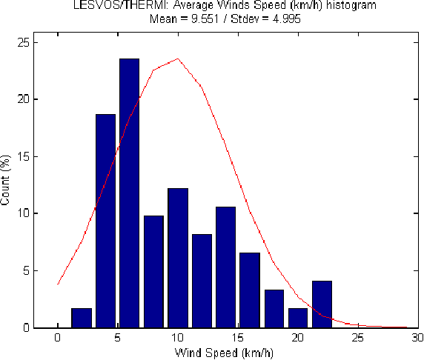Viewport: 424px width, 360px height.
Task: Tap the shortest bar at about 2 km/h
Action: (82, 318)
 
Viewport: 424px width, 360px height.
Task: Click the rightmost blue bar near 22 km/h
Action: (322, 304)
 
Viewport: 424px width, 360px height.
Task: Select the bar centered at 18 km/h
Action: (274, 308)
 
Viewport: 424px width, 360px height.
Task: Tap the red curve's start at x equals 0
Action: (58, 283)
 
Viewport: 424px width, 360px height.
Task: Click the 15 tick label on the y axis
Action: (26, 156)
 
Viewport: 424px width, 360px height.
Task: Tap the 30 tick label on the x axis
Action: (417, 338)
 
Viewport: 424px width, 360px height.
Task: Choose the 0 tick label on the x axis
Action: (58, 338)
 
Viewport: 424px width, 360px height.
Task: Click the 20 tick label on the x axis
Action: (298, 338)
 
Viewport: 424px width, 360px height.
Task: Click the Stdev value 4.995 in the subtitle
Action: (277, 19)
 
